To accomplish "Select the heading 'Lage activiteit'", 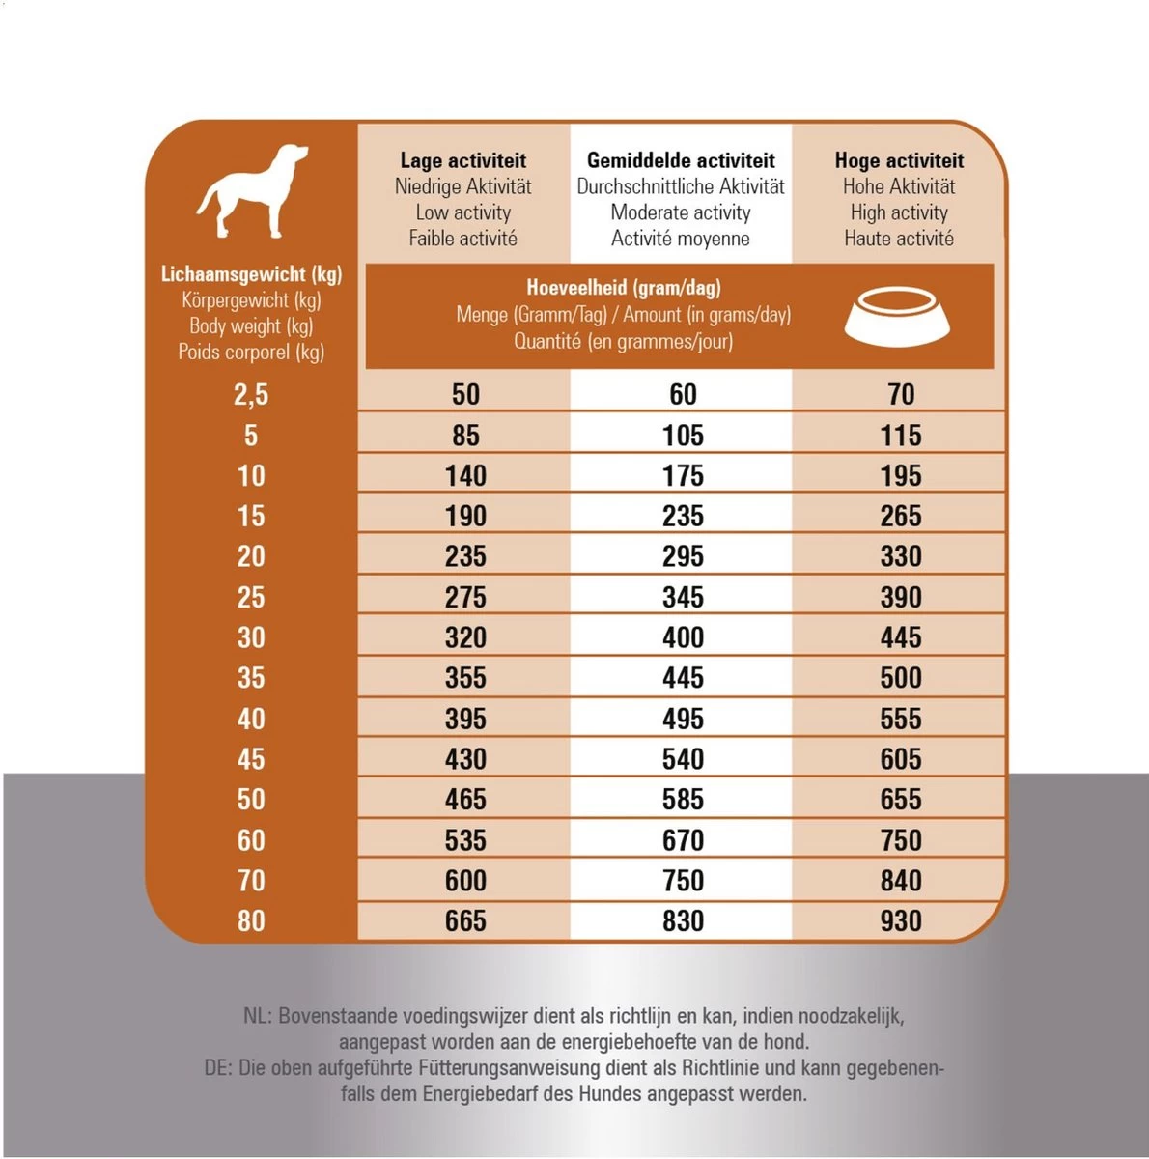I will [462, 160].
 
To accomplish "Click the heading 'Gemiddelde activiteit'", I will [681, 160].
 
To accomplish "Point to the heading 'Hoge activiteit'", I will [899, 160].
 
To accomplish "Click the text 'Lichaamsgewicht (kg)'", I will [251, 274].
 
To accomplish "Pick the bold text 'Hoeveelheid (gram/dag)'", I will [624, 287].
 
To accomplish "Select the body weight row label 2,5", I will [251, 394].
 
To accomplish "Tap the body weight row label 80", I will [251, 920].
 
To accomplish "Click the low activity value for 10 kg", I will [465, 475].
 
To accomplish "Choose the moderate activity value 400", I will [683, 637].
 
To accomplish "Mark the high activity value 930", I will [900, 920].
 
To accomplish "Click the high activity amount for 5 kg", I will [900, 435].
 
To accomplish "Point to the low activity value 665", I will [465, 920].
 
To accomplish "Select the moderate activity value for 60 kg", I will [683, 840].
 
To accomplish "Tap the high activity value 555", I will [900, 719].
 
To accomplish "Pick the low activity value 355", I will [465, 678].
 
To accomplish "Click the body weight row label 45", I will [251, 759].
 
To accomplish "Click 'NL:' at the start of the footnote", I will [258, 1016].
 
